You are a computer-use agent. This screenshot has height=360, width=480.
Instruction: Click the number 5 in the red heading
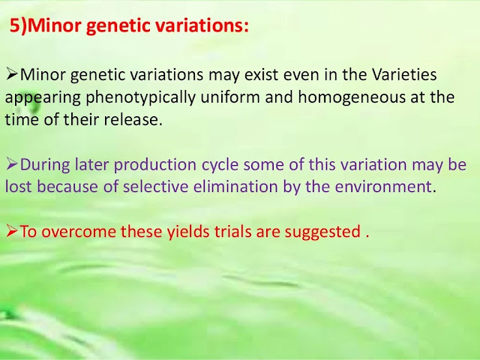pyautogui.click(x=15, y=25)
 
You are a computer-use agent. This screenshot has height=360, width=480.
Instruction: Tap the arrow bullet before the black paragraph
pyautogui.click(x=12, y=74)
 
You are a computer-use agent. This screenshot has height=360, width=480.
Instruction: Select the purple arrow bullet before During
pyautogui.click(x=12, y=164)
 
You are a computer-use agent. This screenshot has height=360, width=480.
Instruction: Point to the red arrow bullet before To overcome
pyautogui.click(x=12, y=231)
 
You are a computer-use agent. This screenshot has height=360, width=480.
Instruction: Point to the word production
pyautogui.click(x=155, y=165)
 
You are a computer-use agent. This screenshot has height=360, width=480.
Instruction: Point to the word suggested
pyautogui.click(x=322, y=232)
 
